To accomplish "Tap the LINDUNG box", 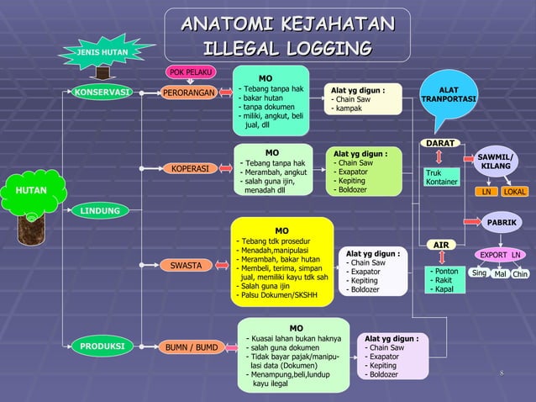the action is pyautogui.click(x=100, y=210).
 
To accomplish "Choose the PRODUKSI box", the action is pyautogui.click(x=103, y=346).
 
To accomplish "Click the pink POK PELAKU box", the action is pyautogui.click(x=191, y=72).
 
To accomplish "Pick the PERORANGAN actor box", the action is pyautogui.click(x=189, y=92).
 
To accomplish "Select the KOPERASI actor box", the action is pyautogui.click(x=191, y=168).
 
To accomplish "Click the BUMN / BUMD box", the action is pyautogui.click(x=191, y=346).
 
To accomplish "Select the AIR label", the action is pyautogui.click(x=441, y=245).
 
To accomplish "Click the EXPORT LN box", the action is pyautogui.click(x=501, y=255).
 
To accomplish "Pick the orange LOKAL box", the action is pyautogui.click(x=515, y=193).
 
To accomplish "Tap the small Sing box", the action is pyautogui.click(x=479, y=273).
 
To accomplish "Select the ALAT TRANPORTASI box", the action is pyautogui.click(x=449, y=94).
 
